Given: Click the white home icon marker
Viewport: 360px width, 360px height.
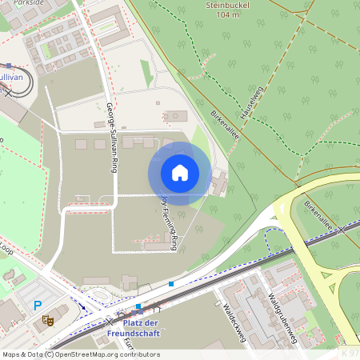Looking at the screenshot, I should [179, 173].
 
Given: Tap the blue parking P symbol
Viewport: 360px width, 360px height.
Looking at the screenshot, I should [38, 306].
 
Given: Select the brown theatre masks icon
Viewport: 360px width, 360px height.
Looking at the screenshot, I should [47, 318].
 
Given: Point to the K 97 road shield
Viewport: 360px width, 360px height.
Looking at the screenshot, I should [350, 352].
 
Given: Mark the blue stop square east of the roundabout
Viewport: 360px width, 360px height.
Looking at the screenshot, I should [171, 283].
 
